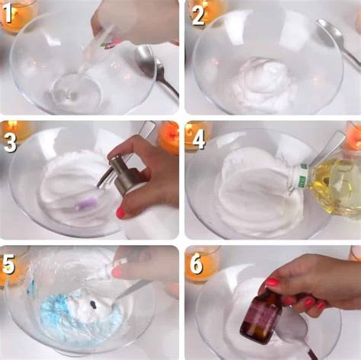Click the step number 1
[8, 14]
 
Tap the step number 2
[198, 15]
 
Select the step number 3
[10, 143]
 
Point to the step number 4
[199, 140]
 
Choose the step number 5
[8, 264]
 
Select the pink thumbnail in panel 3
[121, 213]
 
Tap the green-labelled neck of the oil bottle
[302, 177]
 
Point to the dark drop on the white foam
[94, 304]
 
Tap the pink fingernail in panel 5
[117, 272]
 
